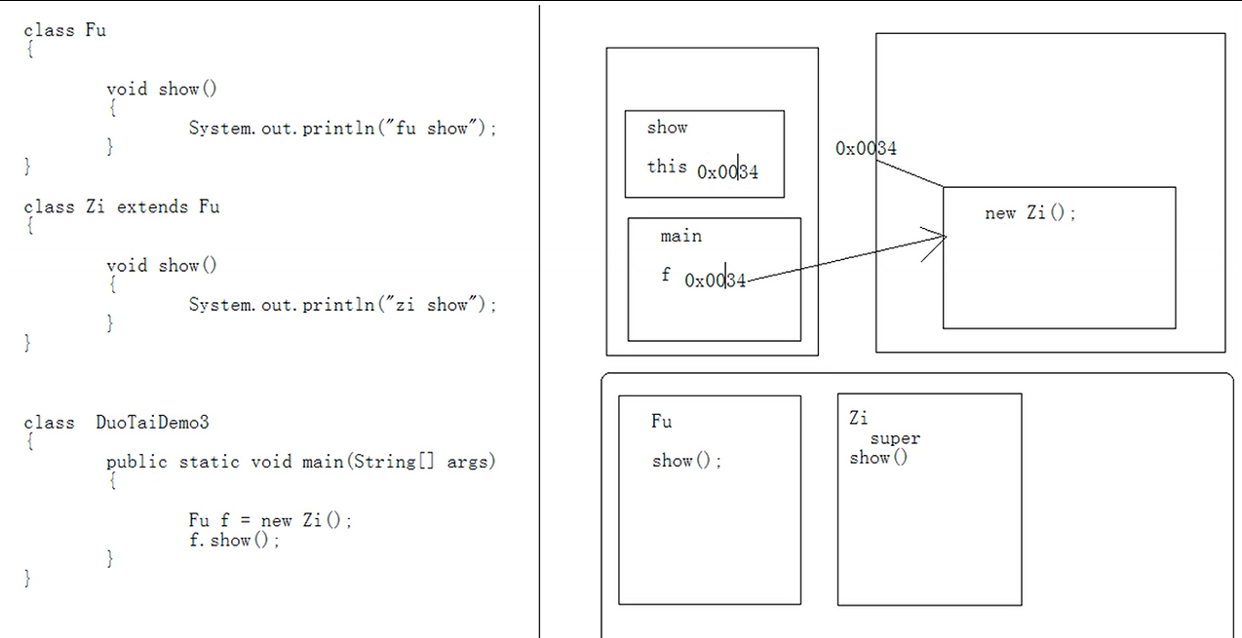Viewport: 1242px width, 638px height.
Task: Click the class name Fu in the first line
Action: (x=96, y=30)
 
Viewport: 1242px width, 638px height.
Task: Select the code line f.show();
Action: (x=234, y=540)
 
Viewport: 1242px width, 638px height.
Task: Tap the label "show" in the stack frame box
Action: (x=667, y=128)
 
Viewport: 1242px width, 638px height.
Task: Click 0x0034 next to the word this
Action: (x=727, y=172)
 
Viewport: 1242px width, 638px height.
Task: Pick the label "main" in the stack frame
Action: (x=680, y=236)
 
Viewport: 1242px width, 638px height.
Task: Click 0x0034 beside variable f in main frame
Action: (x=715, y=281)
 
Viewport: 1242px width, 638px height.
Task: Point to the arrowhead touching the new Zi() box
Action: (x=940, y=237)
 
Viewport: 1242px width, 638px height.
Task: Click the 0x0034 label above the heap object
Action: (x=866, y=148)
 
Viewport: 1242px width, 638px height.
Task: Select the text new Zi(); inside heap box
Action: (x=1029, y=213)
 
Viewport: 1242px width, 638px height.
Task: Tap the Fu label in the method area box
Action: (x=661, y=421)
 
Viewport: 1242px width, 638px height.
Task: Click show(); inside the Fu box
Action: (x=686, y=461)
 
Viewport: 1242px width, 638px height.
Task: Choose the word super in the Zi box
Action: (x=895, y=438)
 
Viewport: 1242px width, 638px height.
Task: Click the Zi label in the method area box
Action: (x=858, y=418)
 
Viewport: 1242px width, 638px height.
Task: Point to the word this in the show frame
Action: (x=667, y=167)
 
